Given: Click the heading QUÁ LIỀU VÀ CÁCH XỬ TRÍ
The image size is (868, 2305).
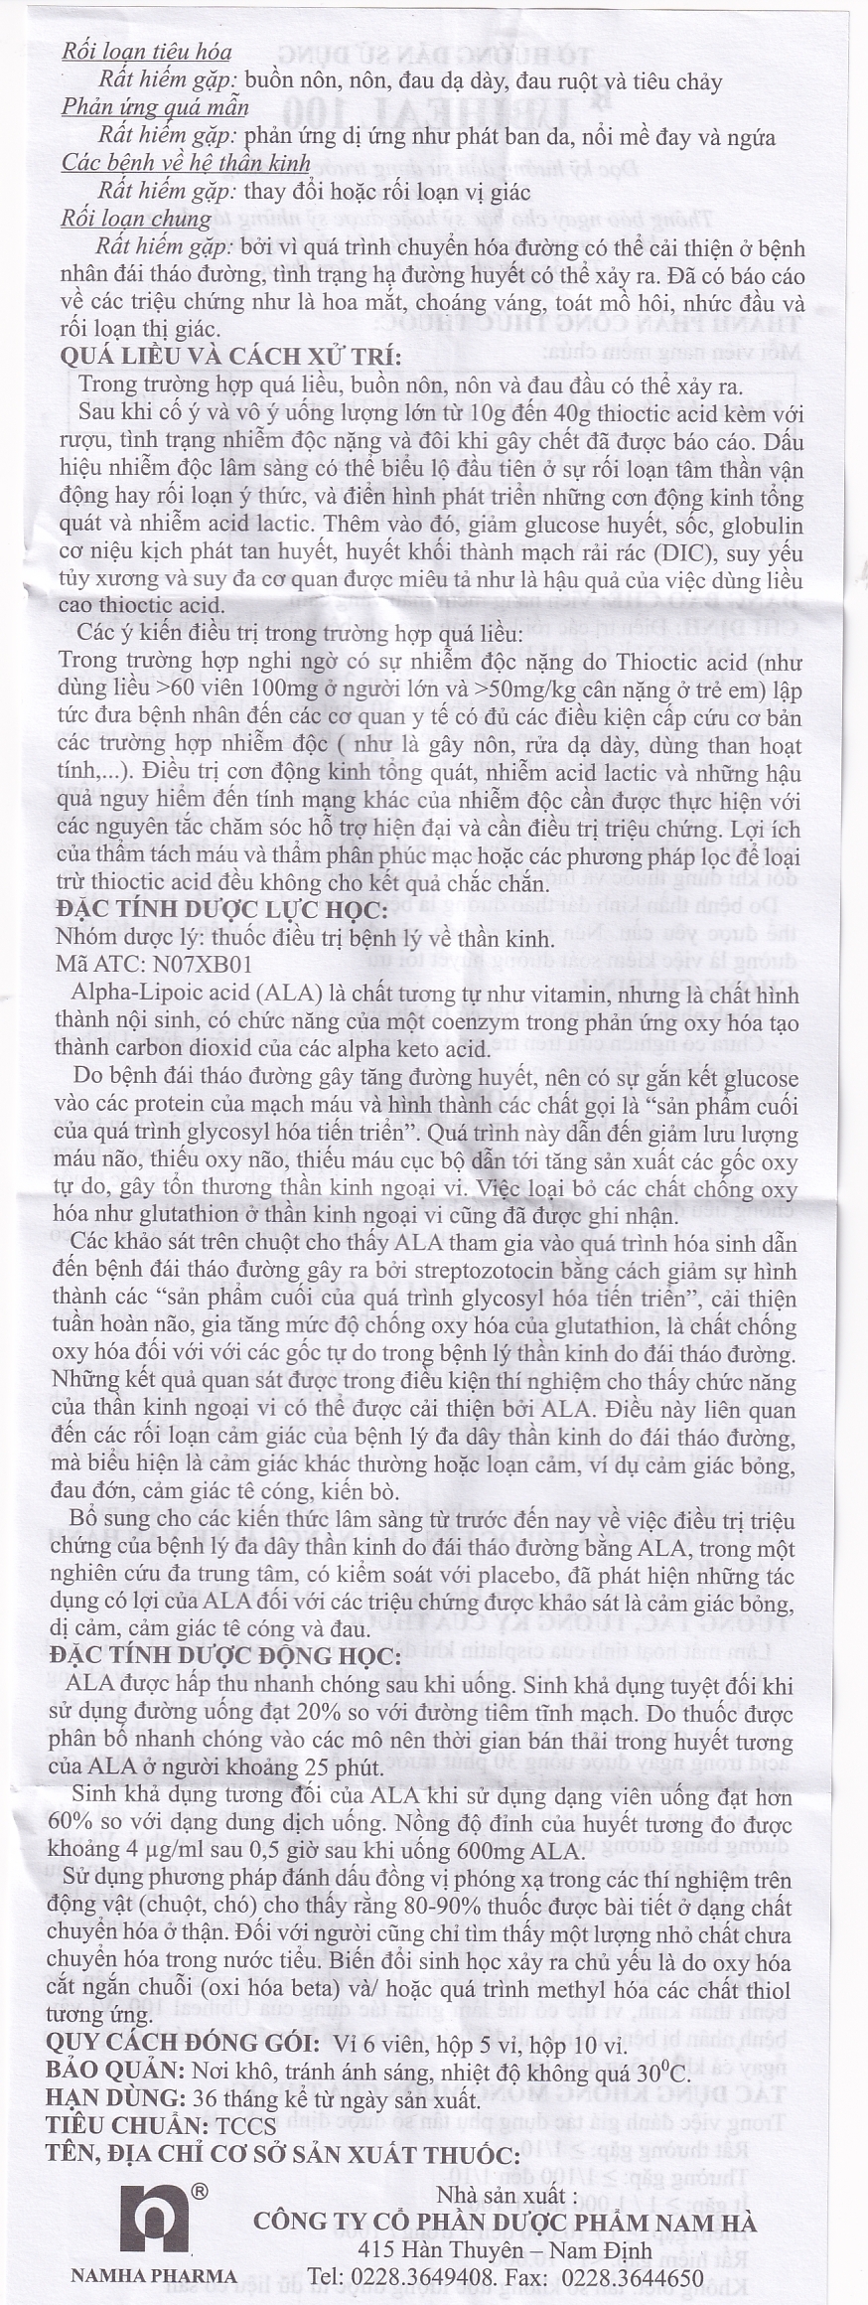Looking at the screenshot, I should pyautogui.click(x=230, y=357).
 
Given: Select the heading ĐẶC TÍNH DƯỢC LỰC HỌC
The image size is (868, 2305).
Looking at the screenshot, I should pyautogui.click(x=221, y=909).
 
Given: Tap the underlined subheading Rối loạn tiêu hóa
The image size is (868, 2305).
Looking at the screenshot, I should pyautogui.click(x=146, y=52).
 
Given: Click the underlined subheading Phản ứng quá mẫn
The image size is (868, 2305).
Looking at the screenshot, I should pyautogui.click(x=154, y=107).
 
